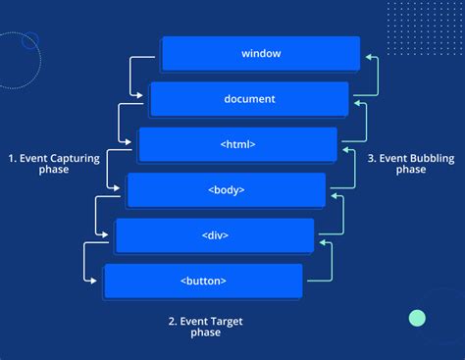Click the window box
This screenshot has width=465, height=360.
coord(261,53)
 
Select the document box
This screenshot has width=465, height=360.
coord(249,99)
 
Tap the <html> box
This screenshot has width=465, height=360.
coord(237,144)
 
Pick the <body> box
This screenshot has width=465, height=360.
coord(227,189)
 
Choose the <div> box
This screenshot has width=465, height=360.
coord(215,235)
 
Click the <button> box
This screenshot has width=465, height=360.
coord(203,281)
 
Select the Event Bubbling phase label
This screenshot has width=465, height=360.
coord(411,163)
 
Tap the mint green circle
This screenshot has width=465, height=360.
coord(418,318)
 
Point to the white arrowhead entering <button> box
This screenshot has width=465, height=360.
coord(98,281)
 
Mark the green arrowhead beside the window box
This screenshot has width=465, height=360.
coord(368,57)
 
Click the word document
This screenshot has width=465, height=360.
coord(249,99)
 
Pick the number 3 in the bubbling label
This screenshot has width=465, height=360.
coord(373,156)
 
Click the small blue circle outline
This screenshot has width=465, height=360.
coord(29,40)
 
